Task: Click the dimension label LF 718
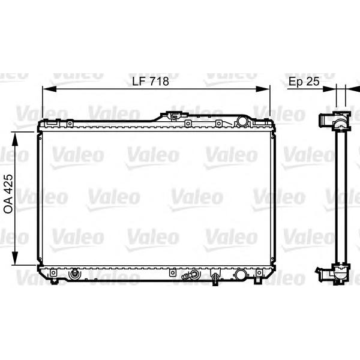click(x=151, y=81)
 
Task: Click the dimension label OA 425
click(x=8, y=194)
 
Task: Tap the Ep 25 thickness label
click(x=304, y=81)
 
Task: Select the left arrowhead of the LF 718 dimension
click(x=49, y=89)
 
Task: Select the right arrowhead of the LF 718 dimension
click(x=263, y=89)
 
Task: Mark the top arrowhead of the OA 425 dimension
click(x=15, y=139)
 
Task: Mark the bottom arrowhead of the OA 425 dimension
click(x=15, y=258)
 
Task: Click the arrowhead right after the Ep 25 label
click(x=329, y=89)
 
